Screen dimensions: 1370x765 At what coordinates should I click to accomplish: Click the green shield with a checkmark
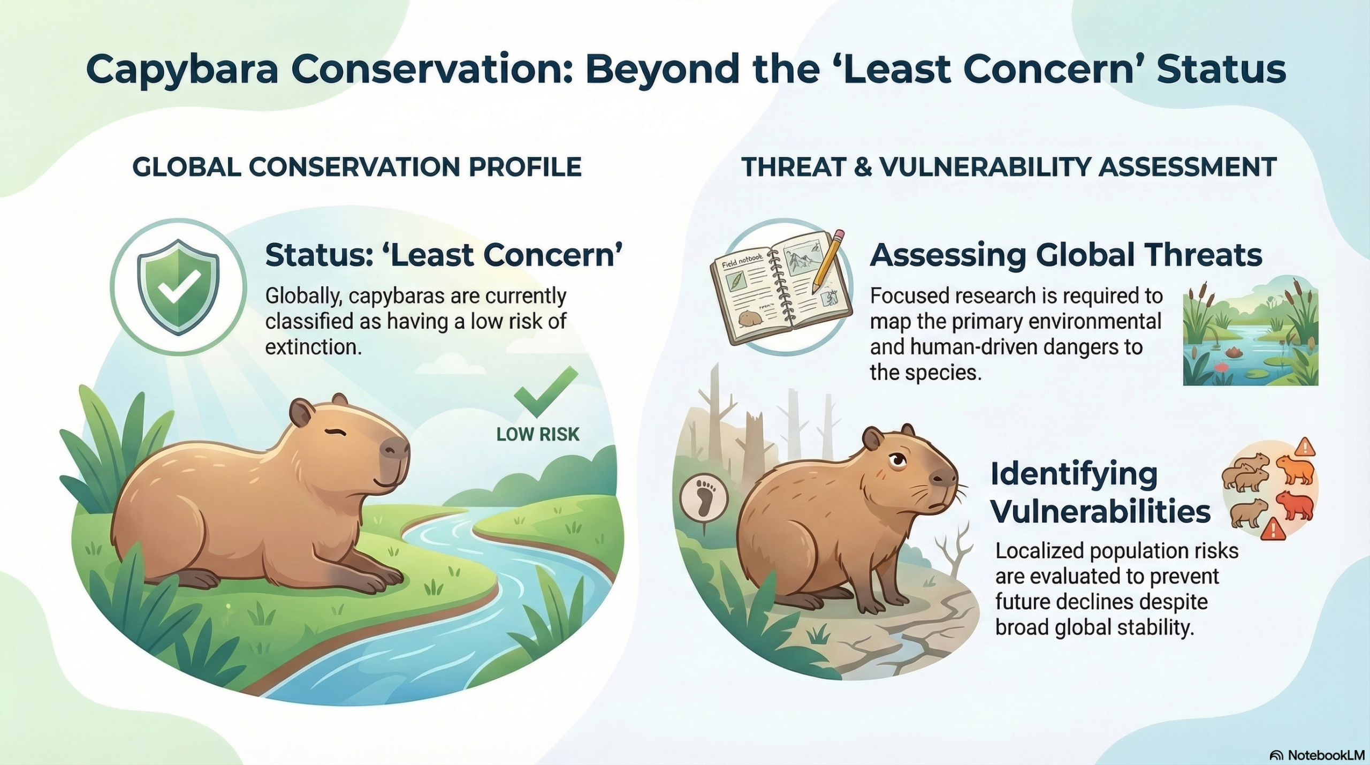[x=178, y=286]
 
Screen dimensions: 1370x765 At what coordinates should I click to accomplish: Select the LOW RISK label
[x=538, y=434]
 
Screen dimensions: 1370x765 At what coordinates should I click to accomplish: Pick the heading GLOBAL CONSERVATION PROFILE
[x=357, y=167]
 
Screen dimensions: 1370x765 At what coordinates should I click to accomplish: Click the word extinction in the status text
[x=314, y=347]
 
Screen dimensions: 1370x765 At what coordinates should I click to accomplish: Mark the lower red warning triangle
[x=1272, y=529]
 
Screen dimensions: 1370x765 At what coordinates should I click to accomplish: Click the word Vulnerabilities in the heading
[x=1100, y=511]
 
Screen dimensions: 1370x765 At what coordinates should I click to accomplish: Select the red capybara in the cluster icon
[x=1295, y=505]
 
